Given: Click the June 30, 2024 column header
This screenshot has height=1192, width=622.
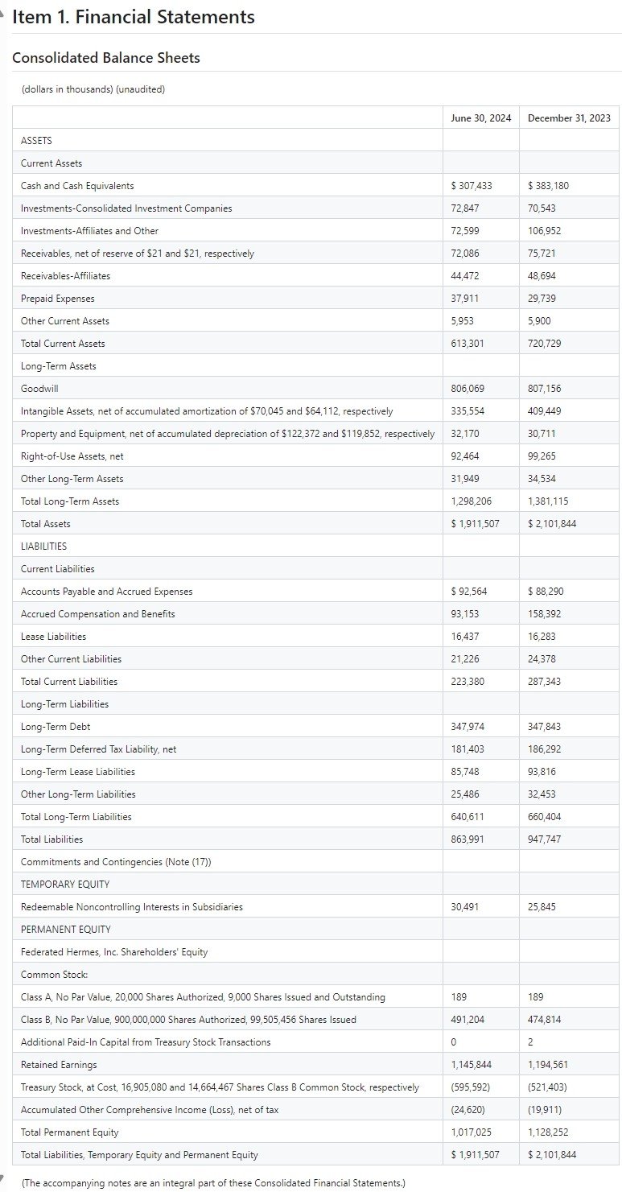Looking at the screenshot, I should (x=480, y=118).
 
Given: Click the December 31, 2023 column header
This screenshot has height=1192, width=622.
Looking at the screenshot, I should (x=569, y=118).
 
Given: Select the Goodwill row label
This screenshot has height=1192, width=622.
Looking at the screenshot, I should (x=39, y=389).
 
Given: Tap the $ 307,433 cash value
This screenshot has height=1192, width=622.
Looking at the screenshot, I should (x=472, y=186).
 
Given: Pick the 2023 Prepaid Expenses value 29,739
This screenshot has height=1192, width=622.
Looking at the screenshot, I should (x=542, y=299).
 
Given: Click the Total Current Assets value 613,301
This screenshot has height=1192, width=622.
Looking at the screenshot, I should (x=469, y=344).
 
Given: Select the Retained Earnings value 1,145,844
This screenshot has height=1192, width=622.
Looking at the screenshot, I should (x=472, y=1065).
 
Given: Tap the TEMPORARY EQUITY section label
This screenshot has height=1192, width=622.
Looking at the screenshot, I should (x=65, y=885).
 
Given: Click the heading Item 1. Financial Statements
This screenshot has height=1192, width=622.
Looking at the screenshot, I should (x=134, y=17).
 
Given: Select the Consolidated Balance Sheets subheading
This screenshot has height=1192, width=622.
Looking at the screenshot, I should (x=106, y=58).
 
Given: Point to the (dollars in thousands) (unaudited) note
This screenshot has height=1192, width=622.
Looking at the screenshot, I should (x=93, y=89).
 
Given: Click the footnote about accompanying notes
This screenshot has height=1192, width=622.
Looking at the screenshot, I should (x=213, y=1183).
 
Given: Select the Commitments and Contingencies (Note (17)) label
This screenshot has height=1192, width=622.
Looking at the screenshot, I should (x=116, y=862).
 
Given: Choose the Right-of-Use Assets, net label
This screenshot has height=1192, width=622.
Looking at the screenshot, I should (x=72, y=456).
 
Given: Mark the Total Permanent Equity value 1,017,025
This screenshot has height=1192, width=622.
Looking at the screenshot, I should (x=472, y=1132).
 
